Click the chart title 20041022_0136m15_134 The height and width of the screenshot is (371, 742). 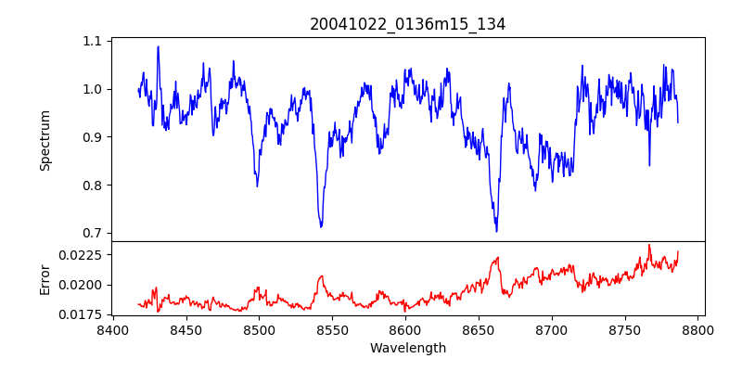coord(408,24)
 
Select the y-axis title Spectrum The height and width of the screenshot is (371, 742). coord(45,140)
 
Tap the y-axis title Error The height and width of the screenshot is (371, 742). coord(45,278)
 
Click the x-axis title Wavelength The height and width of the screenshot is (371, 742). coord(408,349)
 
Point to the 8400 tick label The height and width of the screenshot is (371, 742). coord(112,330)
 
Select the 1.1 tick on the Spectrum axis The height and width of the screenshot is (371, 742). coord(93,42)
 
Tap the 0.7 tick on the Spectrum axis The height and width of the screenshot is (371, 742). coord(93,233)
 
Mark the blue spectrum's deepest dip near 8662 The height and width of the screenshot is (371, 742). coord(496,231)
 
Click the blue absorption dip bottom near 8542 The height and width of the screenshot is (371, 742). coord(321,227)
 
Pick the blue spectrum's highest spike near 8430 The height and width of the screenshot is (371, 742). coord(158,46)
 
